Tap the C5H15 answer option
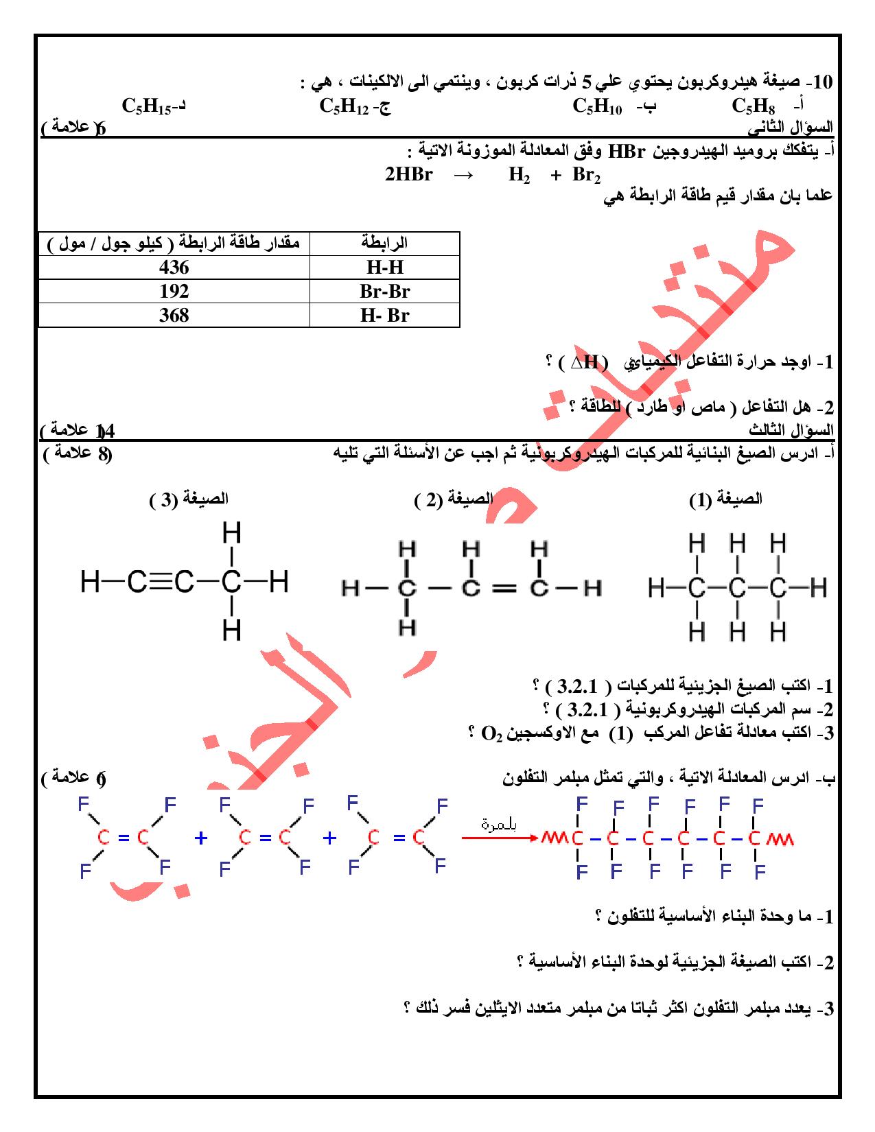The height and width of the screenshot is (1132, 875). tap(147, 106)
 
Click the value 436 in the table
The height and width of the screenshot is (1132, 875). tap(174, 267)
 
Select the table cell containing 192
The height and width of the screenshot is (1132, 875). tap(174, 291)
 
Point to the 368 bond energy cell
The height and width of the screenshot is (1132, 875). tap(174, 315)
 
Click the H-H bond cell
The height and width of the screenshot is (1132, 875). tap(384, 267)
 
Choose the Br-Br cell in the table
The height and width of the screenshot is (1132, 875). tap(384, 291)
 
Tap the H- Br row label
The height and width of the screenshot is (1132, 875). tap(384, 315)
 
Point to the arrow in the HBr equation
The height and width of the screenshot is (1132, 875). tap(464, 174)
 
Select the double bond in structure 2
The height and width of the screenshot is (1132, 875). tap(504, 588)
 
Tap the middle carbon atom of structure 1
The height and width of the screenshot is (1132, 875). tap(736, 588)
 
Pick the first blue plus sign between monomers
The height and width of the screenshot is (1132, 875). tap(200, 838)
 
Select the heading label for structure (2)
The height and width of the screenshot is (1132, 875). tap(455, 499)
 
